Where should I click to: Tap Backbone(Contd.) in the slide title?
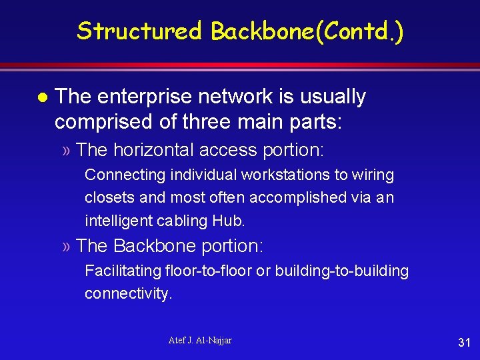pyautogui.click(x=307, y=31)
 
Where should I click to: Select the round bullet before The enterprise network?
pyautogui.click(x=41, y=97)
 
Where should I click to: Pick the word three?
pyautogui.click(x=213, y=121)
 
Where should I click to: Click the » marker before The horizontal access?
pyautogui.click(x=65, y=151)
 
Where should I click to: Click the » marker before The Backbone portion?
pyautogui.click(x=65, y=247)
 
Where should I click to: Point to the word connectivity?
pyautogui.click(x=128, y=293)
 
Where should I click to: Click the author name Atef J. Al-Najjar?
pyautogui.click(x=200, y=341)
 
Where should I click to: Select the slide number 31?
pyautogui.click(x=464, y=343)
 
